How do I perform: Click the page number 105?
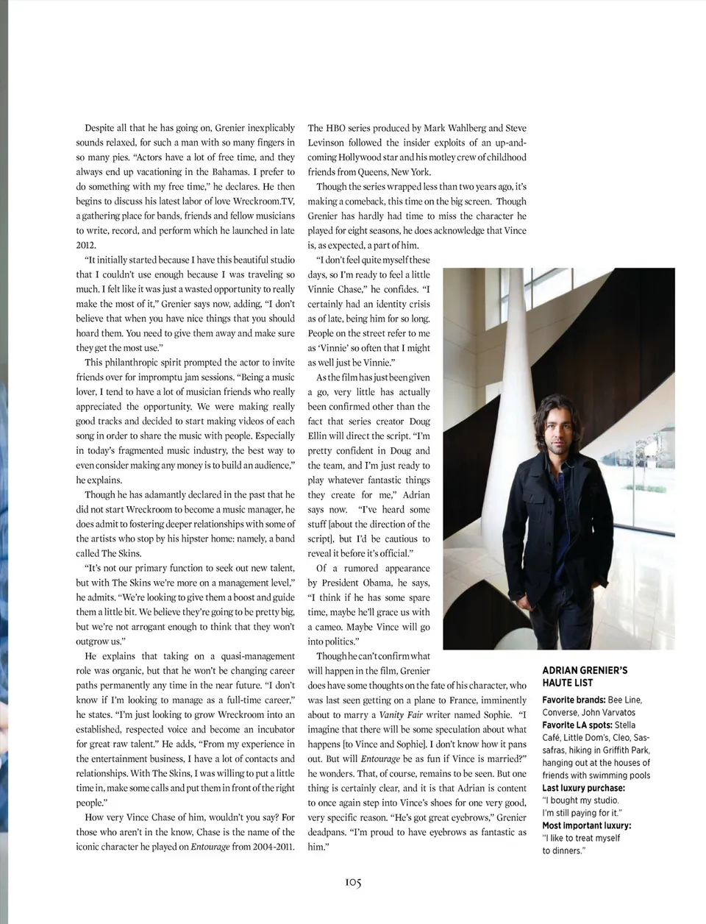pos(353,882)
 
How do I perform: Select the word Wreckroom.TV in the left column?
pos(260,202)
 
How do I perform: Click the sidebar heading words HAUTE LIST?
pos(568,683)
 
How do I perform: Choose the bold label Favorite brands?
pos(574,700)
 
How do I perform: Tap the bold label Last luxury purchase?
pos(583,788)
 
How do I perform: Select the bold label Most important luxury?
pos(586,825)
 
